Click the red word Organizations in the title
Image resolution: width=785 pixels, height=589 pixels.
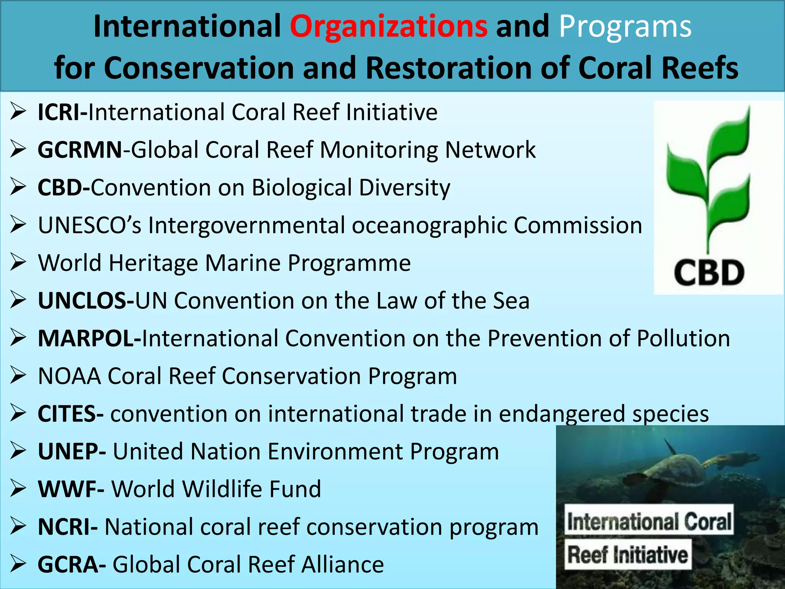[388, 26]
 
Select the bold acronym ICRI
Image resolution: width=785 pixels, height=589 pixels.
[61, 112]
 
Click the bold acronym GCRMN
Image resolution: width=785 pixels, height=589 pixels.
[80, 150]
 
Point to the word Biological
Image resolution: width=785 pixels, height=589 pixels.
[302, 188]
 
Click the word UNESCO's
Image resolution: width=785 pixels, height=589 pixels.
[90, 225]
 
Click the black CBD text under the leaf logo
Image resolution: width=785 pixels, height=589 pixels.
[709, 273]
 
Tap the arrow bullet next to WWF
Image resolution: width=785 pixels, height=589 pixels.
[18, 489]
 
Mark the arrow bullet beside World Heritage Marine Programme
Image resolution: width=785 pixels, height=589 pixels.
[18, 263]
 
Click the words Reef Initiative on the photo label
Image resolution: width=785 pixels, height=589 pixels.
[627, 555]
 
